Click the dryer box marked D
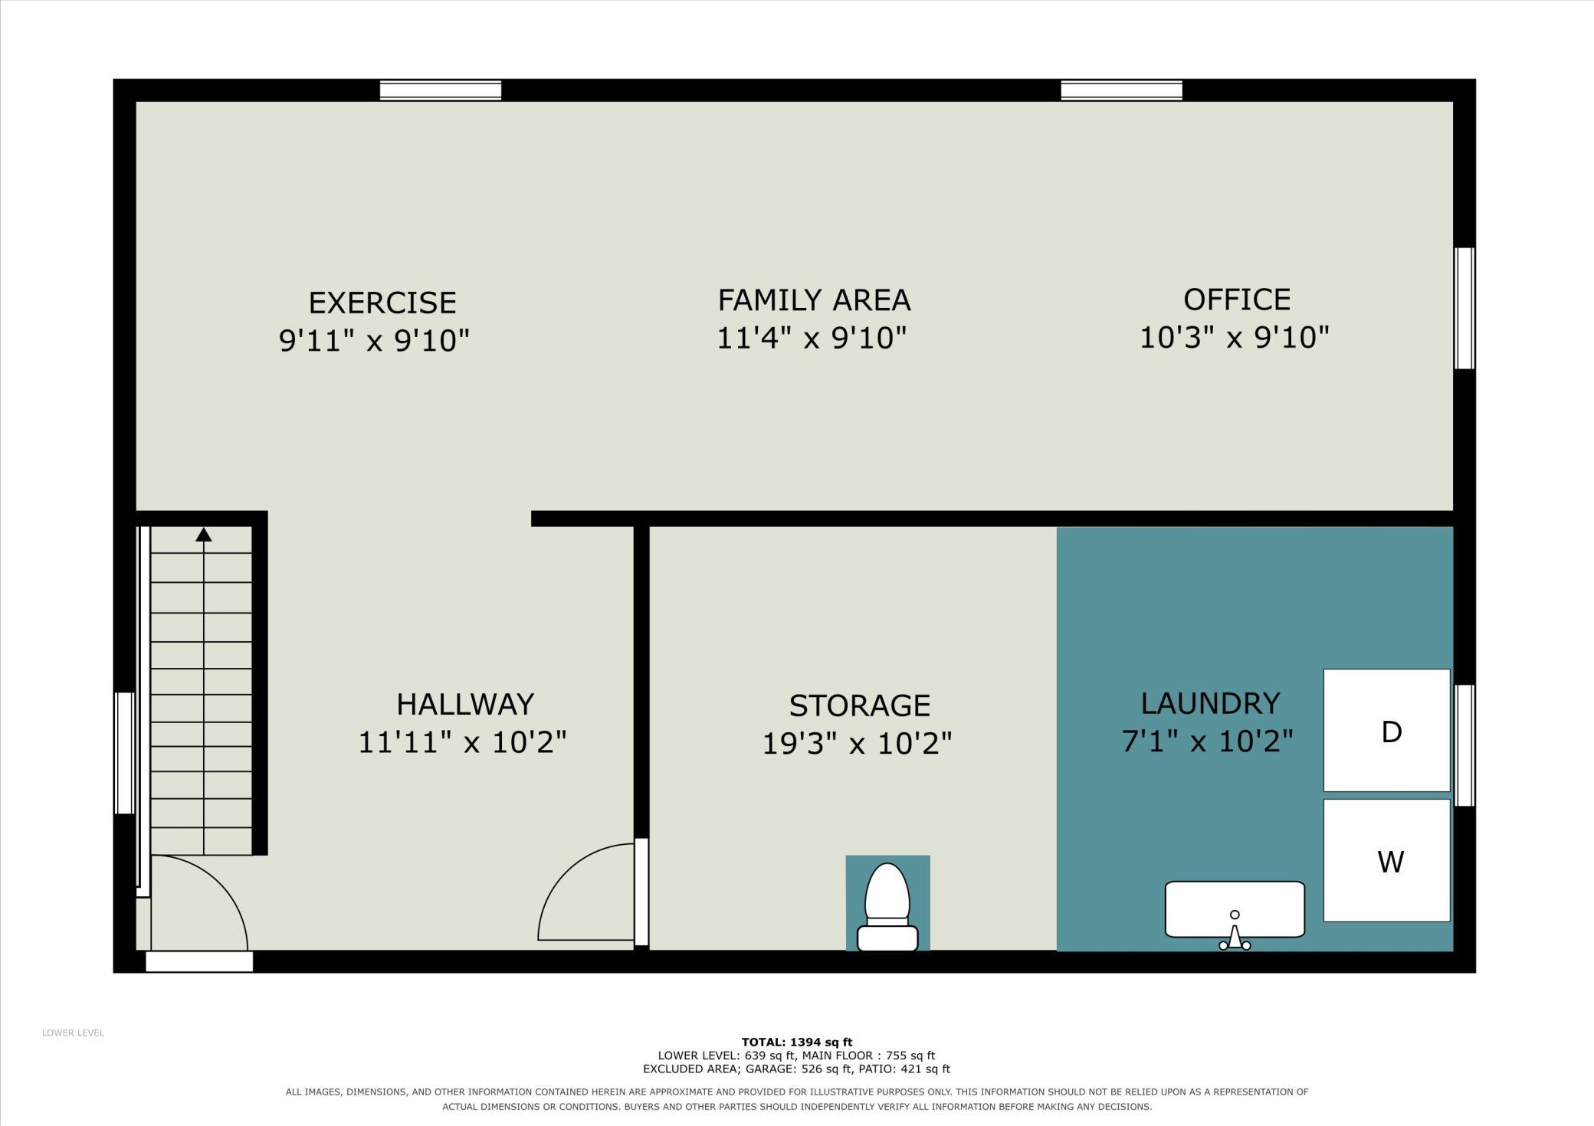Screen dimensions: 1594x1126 click(x=1386, y=730)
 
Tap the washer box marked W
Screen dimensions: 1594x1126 click(x=1386, y=860)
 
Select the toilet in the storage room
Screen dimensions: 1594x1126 click(x=887, y=907)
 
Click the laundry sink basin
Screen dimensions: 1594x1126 click(x=1235, y=909)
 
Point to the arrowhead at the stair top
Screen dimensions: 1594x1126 click(x=203, y=534)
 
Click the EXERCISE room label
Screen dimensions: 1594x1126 click(x=382, y=303)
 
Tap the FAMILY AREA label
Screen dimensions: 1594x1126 click(x=814, y=300)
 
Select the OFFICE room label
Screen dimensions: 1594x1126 click(x=1237, y=300)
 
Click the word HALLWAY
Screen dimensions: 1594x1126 click(x=465, y=704)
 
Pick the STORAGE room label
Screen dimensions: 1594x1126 click(x=860, y=705)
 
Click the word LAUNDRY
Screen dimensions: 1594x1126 click(x=1210, y=703)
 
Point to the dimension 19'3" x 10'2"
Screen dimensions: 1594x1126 click(x=857, y=743)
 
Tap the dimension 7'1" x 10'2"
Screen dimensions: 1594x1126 click(x=1208, y=741)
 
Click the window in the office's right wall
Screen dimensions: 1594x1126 click(x=1464, y=308)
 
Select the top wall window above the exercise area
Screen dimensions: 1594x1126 click(x=441, y=90)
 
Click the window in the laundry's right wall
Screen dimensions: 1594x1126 click(x=1464, y=745)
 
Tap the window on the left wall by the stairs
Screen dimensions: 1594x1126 click(x=124, y=753)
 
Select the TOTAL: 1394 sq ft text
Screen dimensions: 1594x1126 click(x=797, y=1042)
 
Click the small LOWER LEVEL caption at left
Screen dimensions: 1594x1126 click(x=73, y=1033)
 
